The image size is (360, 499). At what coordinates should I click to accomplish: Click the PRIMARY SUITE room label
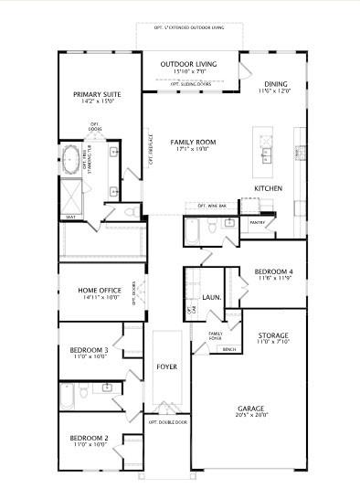point(99,93)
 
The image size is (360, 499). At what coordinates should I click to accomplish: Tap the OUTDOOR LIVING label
point(189,64)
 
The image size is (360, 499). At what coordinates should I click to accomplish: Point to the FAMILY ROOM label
point(193,143)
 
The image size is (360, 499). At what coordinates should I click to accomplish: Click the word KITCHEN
point(268,188)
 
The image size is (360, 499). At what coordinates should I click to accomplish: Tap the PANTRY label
point(257,221)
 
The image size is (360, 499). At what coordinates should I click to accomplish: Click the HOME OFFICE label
point(100,291)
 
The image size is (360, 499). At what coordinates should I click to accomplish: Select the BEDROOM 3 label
point(90,350)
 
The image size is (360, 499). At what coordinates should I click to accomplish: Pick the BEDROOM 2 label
point(90,439)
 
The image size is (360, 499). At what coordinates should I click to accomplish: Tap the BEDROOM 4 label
point(273,272)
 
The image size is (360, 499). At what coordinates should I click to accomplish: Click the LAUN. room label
point(212,297)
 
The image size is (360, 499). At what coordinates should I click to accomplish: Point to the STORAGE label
point(273,335)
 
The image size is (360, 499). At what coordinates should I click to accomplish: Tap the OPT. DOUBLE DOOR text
point(166,423)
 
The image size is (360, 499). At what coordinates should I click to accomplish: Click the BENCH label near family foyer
point(228,349)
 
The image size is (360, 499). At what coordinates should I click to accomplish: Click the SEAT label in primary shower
point(71,218)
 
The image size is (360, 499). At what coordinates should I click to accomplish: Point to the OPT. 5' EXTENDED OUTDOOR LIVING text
point(189,27)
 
